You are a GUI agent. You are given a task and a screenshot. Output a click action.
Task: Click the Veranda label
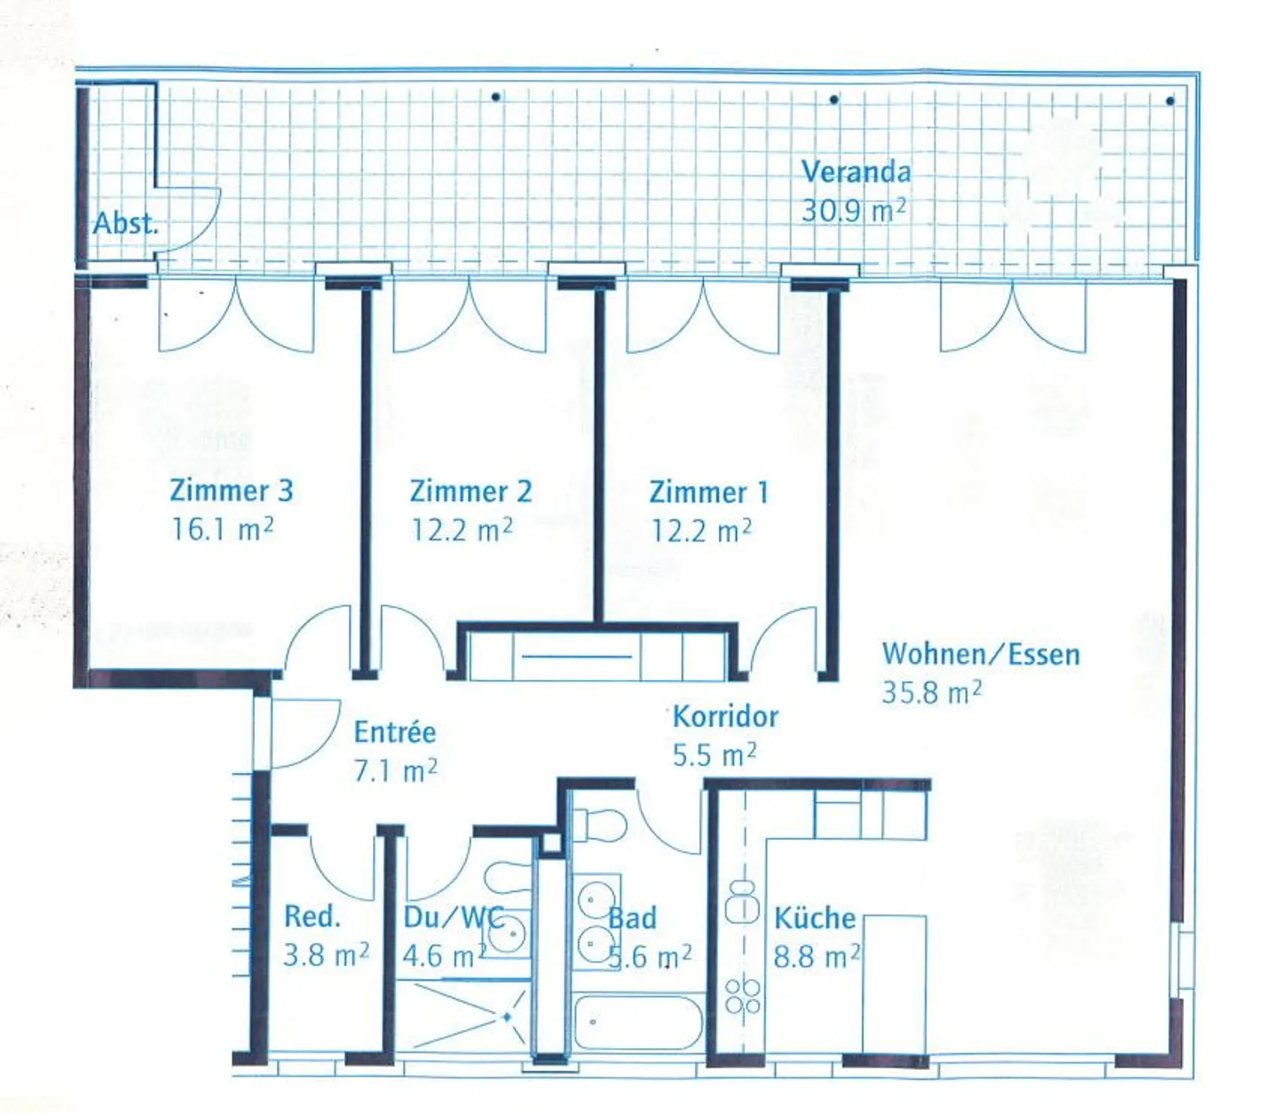(856, 172)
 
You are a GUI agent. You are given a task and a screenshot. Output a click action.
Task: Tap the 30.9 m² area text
(853, 210)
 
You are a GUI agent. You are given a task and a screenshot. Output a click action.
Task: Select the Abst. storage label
(125, 223)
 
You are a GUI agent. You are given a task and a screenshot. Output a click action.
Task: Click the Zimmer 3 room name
(231, 490)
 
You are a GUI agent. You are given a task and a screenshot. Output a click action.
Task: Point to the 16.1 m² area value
(222, 529)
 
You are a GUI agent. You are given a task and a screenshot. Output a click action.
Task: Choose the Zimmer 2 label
(471, 492)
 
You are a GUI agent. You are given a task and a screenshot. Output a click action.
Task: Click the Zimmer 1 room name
(709, 493)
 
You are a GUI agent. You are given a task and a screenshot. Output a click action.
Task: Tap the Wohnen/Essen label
(982, 654)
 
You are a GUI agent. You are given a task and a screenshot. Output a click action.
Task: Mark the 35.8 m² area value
(932, 692)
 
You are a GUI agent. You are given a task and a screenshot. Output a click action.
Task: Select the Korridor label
(726, 716)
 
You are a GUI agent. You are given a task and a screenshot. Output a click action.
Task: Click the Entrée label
(395, 732)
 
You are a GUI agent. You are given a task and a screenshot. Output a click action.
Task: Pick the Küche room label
(815, 918)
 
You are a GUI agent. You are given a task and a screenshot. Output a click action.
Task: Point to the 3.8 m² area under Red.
(326, 955)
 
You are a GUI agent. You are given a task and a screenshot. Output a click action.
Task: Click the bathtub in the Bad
(638, 1022)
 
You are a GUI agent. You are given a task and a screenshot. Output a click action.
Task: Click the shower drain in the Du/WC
(507, 1018)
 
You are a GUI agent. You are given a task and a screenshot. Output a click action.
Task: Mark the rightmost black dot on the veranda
(1170, 101)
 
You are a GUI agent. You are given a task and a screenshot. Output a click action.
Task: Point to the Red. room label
(312, 916)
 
